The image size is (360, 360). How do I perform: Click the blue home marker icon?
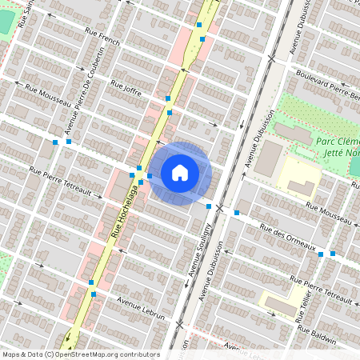180,172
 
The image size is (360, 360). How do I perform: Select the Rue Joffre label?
126,88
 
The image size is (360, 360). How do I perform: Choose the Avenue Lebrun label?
140,310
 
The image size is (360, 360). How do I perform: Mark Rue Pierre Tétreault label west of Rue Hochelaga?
61,177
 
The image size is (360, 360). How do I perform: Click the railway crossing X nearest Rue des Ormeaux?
219,207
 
